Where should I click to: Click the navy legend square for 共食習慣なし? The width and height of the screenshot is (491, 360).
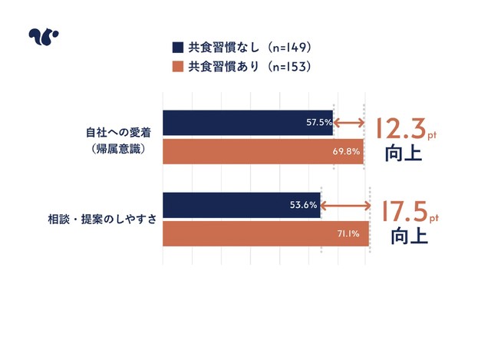(177, 48)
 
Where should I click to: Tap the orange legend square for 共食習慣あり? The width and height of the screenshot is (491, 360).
(177, 67)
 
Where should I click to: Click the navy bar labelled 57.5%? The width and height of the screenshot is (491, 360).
(247, 122)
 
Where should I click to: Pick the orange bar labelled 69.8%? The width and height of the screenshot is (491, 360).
(262, 150)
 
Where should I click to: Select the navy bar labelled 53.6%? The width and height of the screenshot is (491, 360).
(241, 205)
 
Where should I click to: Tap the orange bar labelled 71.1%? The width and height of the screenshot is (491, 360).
(265, 233)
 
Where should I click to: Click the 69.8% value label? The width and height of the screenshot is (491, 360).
(347, 150)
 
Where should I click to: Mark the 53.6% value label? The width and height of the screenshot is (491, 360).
(305, 205)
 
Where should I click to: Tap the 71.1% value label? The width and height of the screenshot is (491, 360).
(350, 233)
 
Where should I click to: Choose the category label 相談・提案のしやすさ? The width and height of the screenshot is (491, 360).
(102, 219)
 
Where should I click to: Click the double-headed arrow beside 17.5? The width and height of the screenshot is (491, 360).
(345, 205)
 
